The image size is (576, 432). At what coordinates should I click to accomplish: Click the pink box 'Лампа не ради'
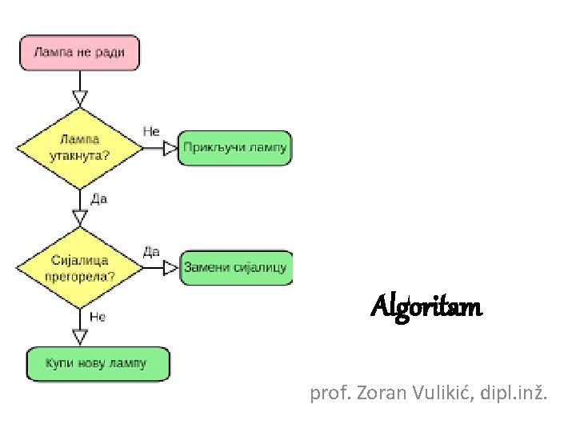click(79, 52)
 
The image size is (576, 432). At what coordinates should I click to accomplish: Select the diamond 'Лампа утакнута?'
click(79, 148)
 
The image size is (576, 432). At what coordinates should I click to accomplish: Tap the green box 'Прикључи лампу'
click(234, 148)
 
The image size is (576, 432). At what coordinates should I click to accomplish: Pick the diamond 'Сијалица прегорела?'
click(79, 269)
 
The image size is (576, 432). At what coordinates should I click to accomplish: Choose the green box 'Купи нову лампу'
click(97, 364)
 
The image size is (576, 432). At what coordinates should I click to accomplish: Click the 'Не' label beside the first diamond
click(151, 130)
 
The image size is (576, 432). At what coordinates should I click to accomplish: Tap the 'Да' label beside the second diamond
click(150, 252)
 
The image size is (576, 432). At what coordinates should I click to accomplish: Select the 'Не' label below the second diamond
click(98, 317)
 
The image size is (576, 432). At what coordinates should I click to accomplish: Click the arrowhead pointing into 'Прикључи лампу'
click(170, 148)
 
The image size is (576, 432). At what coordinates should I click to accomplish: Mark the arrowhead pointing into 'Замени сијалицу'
click(170, 268)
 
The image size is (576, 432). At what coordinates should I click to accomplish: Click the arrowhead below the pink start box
click(79, 98)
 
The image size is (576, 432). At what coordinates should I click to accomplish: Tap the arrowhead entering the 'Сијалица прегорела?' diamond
click(79, 217)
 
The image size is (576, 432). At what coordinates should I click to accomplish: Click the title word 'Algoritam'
click(426, 306)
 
